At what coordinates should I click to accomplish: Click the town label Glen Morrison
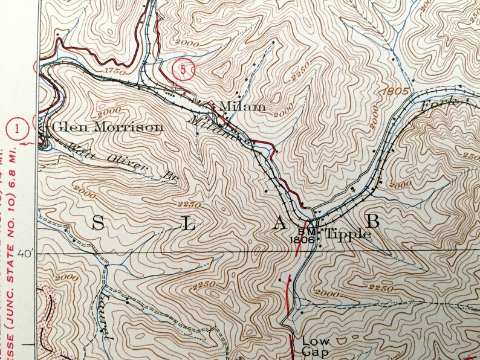(x=108, y=127)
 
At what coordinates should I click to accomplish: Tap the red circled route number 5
(x=182, y=69)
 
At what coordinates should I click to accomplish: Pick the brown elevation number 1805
(x=396, y=91)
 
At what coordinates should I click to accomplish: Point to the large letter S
(x=97, y=223)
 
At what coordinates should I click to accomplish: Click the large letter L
(x=188, y=225)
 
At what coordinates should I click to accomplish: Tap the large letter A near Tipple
(x=279, y=224)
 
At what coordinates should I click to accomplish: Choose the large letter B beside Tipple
(x=373, y=221)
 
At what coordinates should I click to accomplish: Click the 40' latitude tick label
(x=27, y=254)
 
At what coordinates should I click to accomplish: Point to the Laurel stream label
(x=103, y=314)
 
